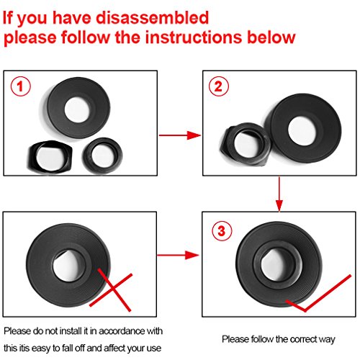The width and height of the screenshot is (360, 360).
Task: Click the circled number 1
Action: pyautogui.click(x=21, y=86)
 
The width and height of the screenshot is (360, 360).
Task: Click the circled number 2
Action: pyautogui.click(x=218, y=86)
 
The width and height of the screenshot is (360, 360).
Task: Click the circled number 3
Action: pyautogui.click(x=222, y=231)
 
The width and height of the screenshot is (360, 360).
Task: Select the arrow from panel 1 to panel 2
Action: pyautogui.click(x=180, y=135)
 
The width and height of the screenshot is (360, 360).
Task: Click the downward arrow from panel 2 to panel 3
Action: pyautogui.click(x=279, y=194)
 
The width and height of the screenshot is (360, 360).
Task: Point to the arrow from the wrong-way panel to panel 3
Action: pyautogui.click(x=178, y=255)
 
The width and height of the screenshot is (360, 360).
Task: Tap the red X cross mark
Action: pyautogui.click(x=111, y=290)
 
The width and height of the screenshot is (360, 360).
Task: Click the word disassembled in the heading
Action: pyautogui.click(x=152, y=18)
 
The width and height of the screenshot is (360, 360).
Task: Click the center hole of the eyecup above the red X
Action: pyautogui.click(x=68, y=266)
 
